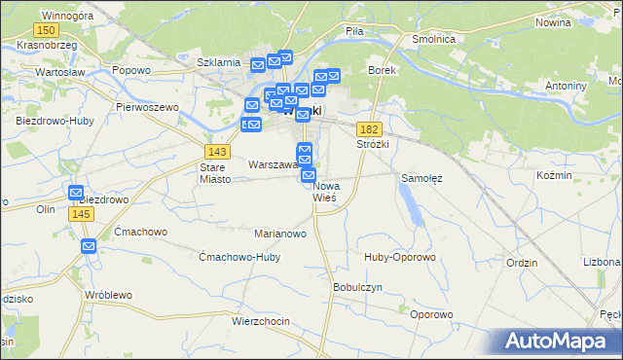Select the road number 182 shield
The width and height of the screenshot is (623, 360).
(369, 129)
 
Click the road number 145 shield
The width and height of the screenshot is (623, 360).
(81, 214)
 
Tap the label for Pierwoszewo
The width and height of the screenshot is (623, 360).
(149, 106)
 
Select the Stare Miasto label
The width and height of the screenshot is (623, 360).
(215, 172)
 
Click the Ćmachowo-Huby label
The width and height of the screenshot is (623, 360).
(238, 257)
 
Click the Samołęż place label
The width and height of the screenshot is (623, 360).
(422, 178)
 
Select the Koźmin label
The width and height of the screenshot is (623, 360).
(555, 174)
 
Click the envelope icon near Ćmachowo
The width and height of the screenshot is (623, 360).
(89, 247)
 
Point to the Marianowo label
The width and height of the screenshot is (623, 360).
(280, 234)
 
